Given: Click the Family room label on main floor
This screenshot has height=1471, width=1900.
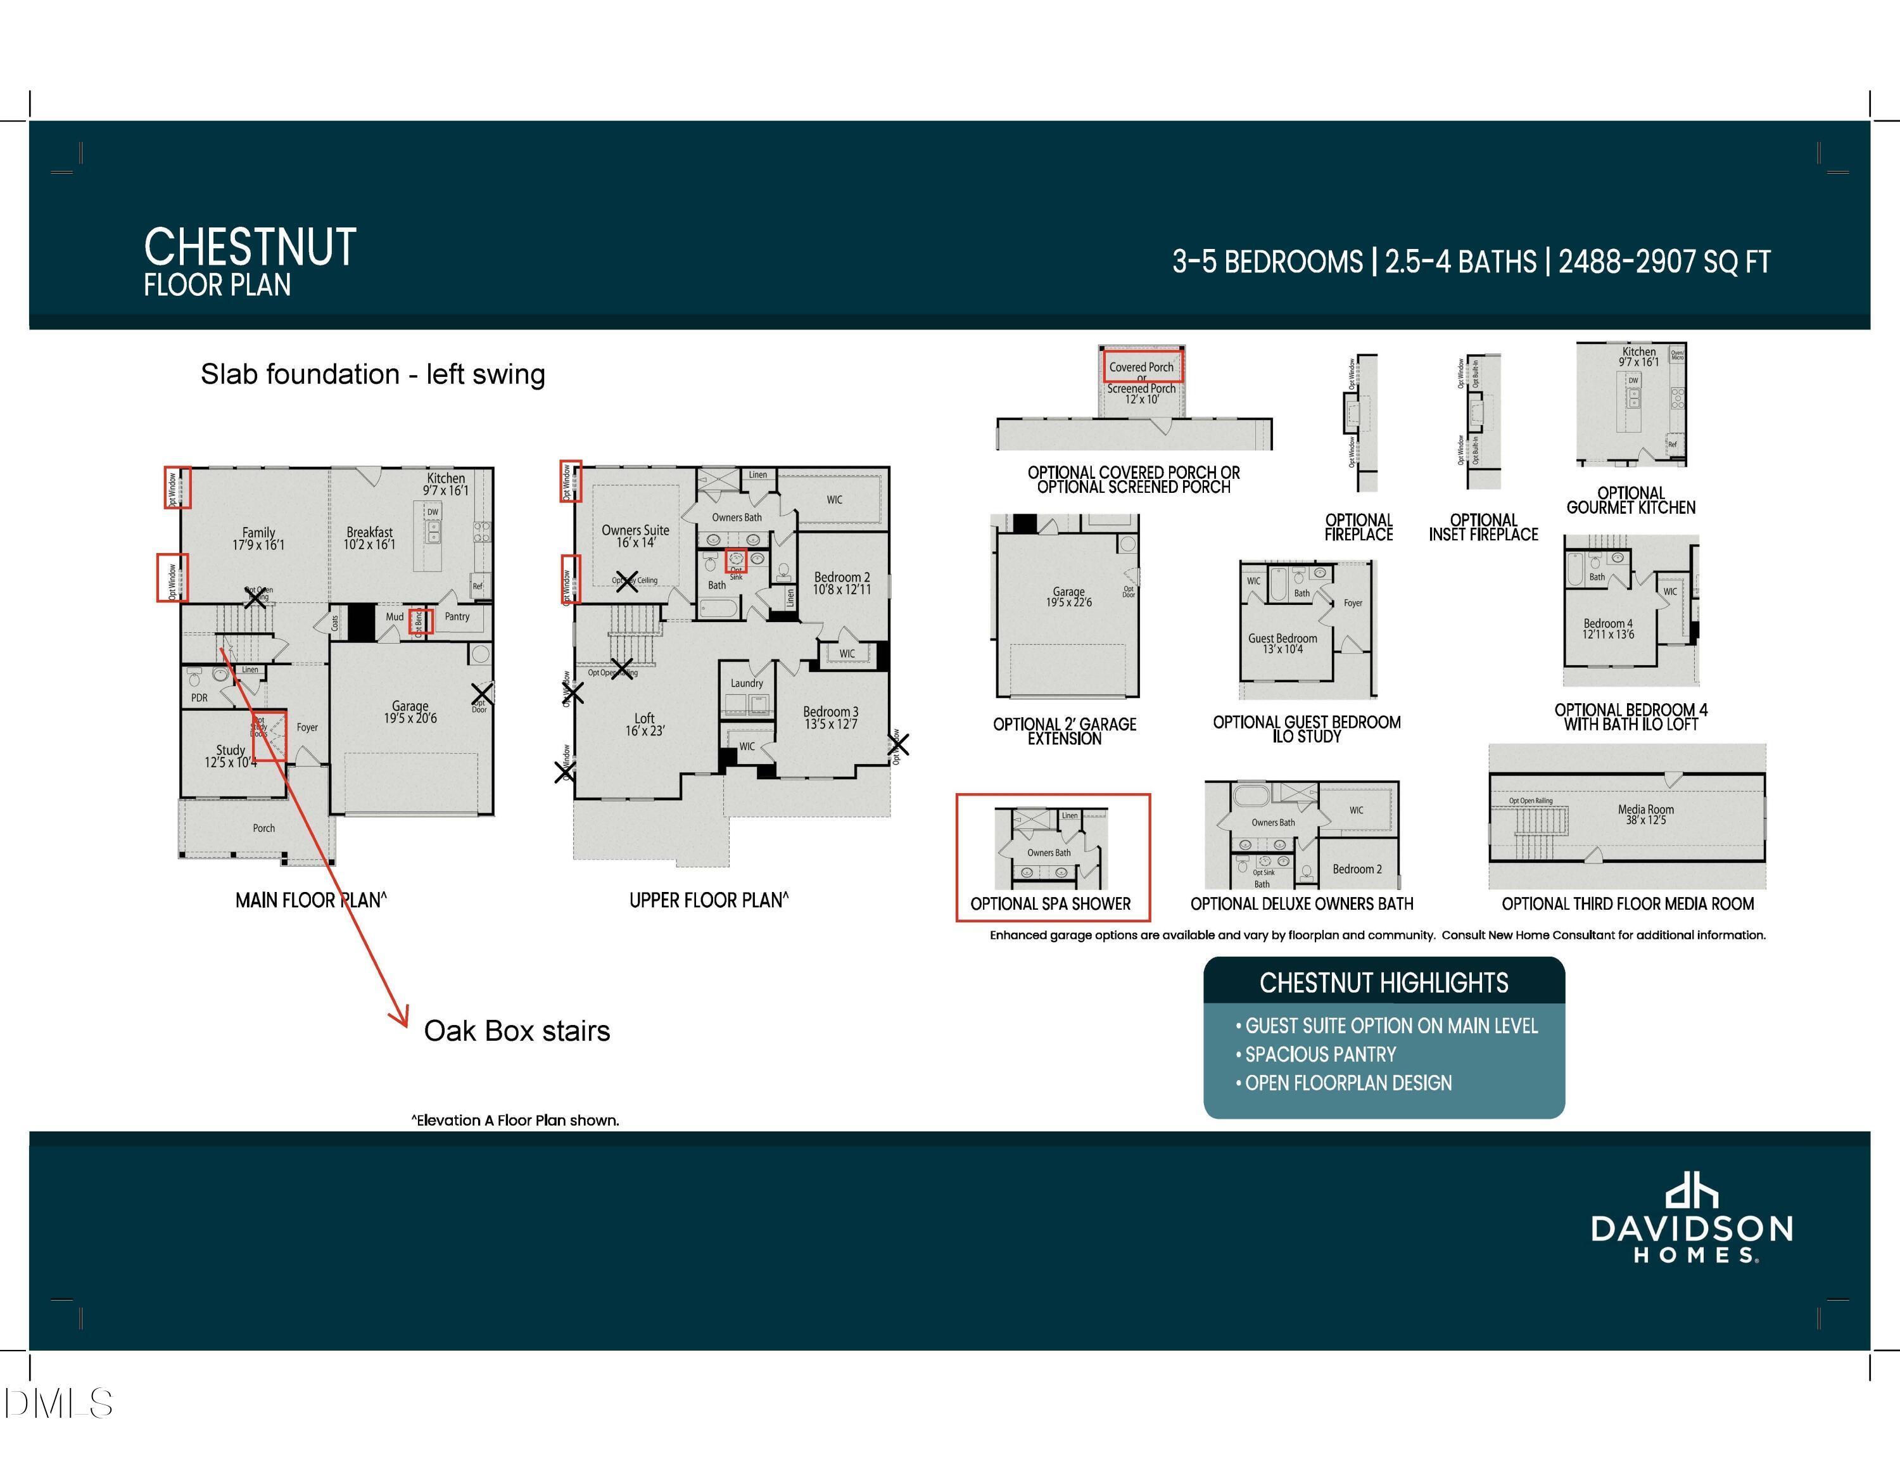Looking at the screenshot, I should (258, 538).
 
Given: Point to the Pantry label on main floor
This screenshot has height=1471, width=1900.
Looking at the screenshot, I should (457, 616).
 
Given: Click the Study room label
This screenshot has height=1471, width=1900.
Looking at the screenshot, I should (231, 756).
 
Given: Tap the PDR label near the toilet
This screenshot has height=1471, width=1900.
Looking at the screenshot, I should (199, 697).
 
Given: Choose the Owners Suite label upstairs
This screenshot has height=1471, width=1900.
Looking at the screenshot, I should (635, 536).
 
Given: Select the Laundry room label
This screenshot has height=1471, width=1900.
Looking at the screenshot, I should (747, 684).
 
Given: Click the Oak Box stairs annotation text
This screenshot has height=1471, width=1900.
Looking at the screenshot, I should (517, 1031).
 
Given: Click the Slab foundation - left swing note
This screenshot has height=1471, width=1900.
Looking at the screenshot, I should (372, 374).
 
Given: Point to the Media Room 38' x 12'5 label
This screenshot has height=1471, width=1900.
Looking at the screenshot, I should (1645, 814).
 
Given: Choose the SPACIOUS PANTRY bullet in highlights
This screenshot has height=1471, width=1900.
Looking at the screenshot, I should (1320, 1054).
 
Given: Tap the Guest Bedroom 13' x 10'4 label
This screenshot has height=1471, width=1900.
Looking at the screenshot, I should (1282, 643).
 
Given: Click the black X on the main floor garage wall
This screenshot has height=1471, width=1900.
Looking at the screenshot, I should (482, 694).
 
